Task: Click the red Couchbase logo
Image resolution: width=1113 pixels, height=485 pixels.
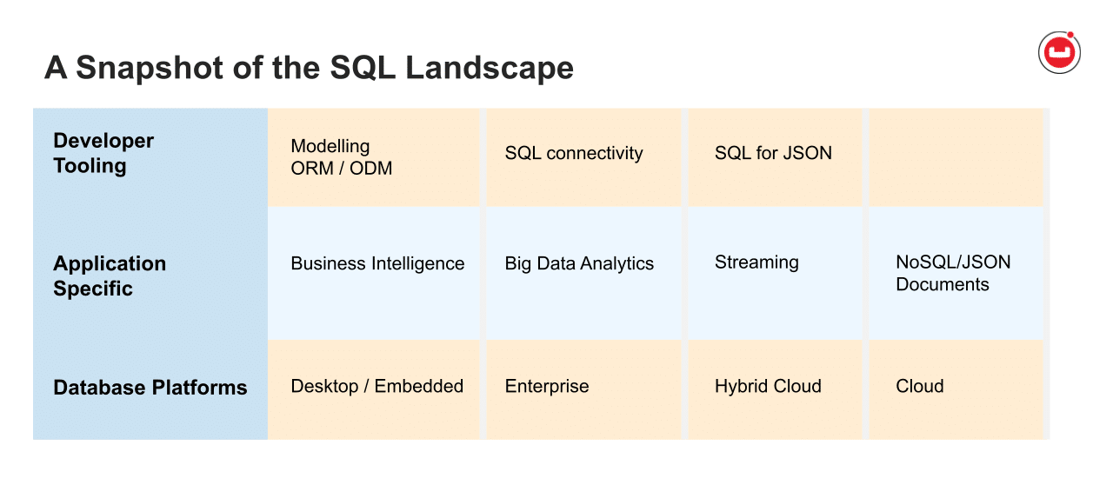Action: [x=1059, y=53]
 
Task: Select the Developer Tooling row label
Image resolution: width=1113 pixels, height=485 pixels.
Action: [x=103, y=153]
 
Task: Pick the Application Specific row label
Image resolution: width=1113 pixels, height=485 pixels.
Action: [x=109, y=276]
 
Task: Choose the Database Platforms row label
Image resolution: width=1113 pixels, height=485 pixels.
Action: [x=150, y=388]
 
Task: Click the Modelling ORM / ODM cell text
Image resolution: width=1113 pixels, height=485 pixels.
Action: [x=341, y=157]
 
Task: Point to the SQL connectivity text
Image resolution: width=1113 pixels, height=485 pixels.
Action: [x=573, y=153]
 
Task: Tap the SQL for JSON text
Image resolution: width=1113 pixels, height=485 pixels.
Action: [x=773, y=153]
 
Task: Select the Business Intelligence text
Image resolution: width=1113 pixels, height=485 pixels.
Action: [x=377, y=263]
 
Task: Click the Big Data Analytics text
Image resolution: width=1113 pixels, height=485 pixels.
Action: [x=579, y=263]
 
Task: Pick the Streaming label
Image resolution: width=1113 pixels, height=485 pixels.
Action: [x=756, y=262]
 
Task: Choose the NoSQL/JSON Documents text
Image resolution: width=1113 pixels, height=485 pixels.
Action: [x=953, y=273]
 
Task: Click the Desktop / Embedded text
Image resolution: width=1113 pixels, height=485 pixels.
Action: [x=377, y=387]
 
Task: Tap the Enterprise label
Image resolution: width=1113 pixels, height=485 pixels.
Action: [x=546, y=387]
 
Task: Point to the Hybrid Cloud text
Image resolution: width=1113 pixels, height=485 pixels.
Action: [x=768, y=387]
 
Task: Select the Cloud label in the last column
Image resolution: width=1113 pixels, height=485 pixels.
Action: [x=919, y=387]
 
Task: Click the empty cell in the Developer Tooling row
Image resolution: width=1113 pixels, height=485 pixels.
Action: [x=956, y=157]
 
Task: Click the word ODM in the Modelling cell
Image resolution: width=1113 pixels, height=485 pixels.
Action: [x=371, y=169]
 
